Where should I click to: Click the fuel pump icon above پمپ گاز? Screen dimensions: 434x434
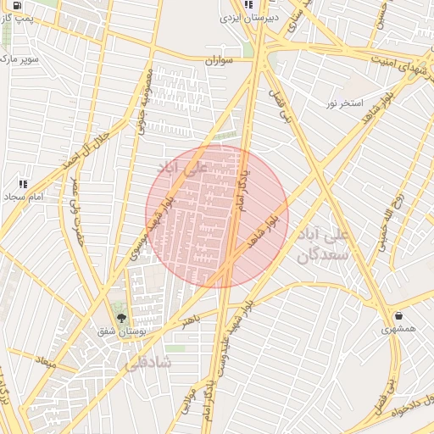pyautogui.click(x=17, y=4)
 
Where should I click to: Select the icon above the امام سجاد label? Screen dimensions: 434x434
pyautogui.click(x=23, y=183)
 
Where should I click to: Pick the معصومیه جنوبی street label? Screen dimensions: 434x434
pyautogui.click(x=145, y=101)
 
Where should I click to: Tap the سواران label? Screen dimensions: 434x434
pyautogui.click(x=219, y=62)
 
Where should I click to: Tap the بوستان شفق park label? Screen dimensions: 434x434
pyautogui.click(x=121, y=332)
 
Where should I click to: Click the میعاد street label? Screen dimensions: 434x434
pyautogui.click(x=45, y=362)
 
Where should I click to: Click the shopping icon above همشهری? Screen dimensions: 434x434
pyautogui.click(x=398, y=316)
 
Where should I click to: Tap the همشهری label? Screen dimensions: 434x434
pyautogui.click(x=398, y=330)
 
